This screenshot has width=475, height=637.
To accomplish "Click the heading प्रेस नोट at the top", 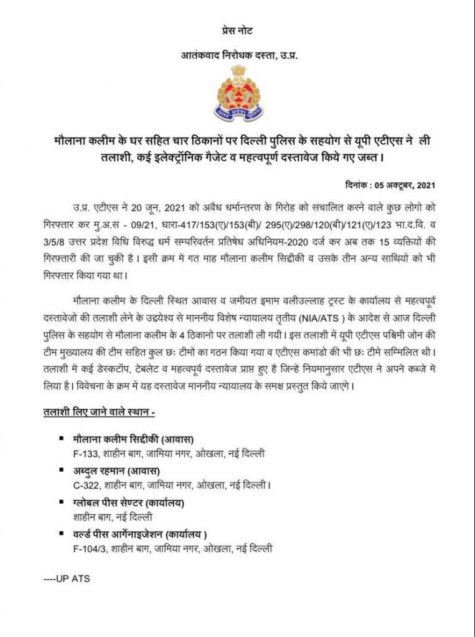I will pos(237,30).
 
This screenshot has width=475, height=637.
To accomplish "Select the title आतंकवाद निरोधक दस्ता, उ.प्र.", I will pos(238,56).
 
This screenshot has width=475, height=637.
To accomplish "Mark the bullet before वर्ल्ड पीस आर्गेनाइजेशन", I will pos(61,534).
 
